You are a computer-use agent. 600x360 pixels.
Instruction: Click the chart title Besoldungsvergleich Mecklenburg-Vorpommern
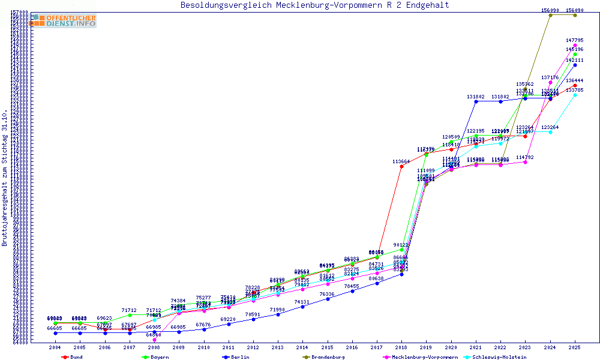(x=314, y=5)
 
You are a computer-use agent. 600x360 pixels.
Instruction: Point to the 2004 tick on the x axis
(x=55, y=347)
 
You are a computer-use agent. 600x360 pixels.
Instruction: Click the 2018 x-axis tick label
(x=401, y=347)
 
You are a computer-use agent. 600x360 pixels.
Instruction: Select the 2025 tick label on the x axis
(x=575, y=347)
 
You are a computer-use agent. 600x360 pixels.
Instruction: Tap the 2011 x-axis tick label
(x=229, y=347)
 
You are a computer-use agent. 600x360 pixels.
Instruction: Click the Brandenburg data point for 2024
(x=550, y=15)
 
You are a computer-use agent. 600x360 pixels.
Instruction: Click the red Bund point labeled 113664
(x=401, y=166)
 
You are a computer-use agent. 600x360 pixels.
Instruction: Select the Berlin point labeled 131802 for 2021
(x=476, y=101)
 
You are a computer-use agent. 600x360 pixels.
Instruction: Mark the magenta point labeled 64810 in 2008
(x=154, y=340)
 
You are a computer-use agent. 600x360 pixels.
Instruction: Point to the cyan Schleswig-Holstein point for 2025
(x=575, y=95)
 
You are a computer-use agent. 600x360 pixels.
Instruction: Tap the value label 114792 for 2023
(x=525, y=157)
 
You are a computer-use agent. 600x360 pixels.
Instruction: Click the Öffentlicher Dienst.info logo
(x=64, y=21)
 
